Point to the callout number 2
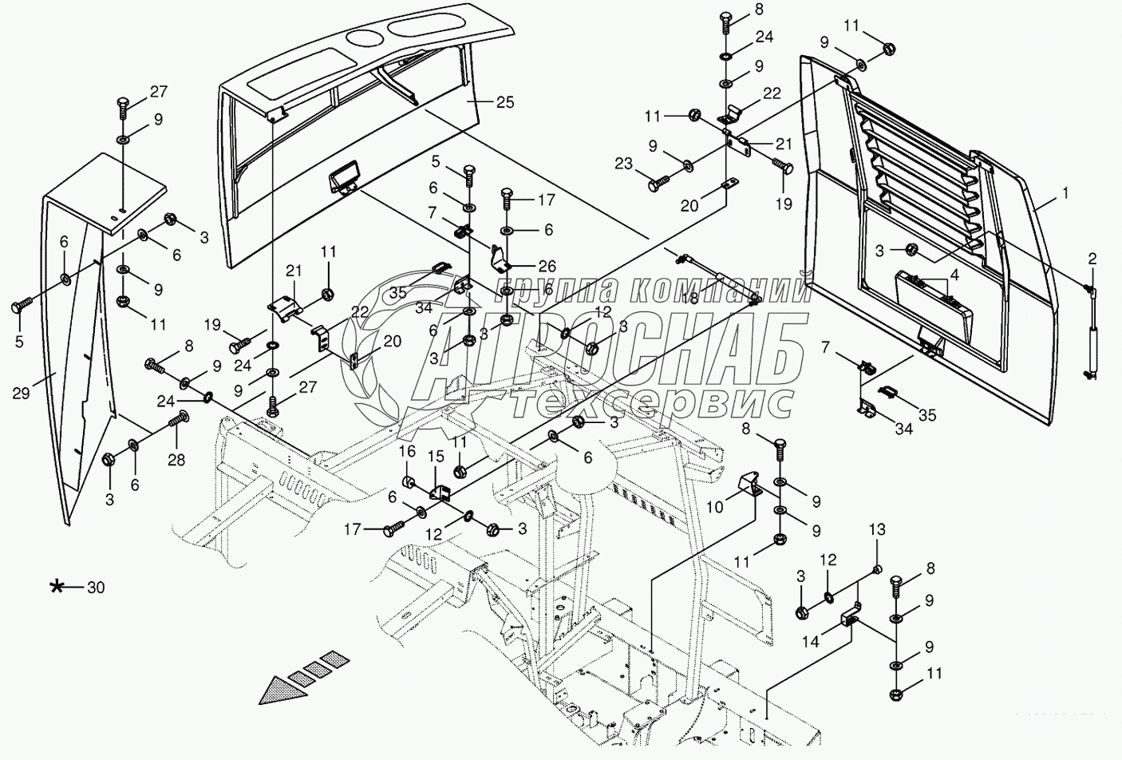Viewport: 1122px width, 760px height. (1091, 259)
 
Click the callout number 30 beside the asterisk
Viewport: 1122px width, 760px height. (96, 588)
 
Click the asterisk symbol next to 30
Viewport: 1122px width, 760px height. (57, 588)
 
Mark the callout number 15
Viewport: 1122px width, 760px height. (435, 456)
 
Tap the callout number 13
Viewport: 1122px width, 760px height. (877, 529)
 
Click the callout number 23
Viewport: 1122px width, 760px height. (623, 164)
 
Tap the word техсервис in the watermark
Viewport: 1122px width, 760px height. (653, 402)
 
